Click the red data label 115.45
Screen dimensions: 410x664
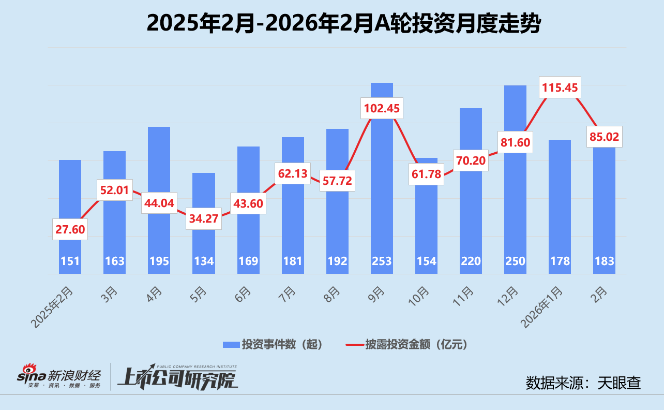(x=560, y=87)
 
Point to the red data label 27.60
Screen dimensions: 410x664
(x=70, y=229)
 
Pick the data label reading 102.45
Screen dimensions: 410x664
(x=382, y=109)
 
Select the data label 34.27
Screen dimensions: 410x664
(x=204, y=218)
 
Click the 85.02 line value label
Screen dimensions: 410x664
(x=604, y=137)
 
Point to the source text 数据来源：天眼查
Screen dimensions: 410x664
(x=583, y=383)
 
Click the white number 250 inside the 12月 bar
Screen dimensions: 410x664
(x=515, y=260)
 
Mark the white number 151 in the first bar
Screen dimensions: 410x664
(x=70, y=260)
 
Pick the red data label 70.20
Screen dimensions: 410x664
(x=471, y=160)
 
